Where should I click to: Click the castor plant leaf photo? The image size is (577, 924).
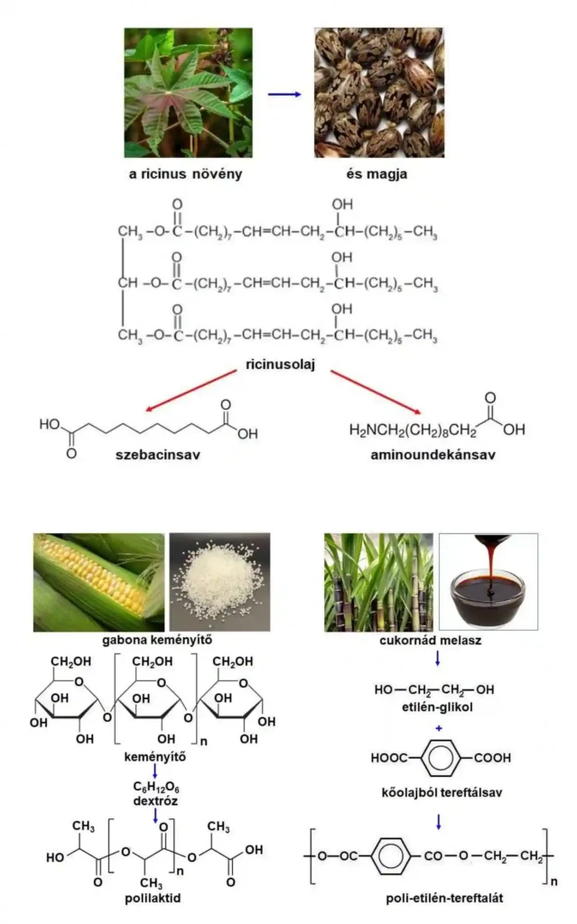tap(189, 92)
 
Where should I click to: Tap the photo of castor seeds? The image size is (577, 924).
tap(379, 92)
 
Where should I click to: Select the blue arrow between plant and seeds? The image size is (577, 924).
tap(284, 93)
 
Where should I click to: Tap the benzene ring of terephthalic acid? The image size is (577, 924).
tap(439, 758)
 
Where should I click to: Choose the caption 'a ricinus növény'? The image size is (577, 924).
tap(188, 173)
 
